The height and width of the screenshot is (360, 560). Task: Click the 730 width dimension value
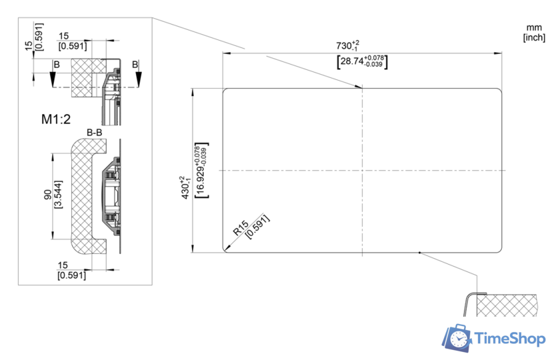(347, 46)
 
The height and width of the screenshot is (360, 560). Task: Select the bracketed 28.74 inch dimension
(362, 61)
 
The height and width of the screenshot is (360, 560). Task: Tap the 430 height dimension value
(186, 187)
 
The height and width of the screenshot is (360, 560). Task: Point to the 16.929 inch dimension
(202, 171)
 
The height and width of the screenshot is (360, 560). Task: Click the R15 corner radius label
(241, 228)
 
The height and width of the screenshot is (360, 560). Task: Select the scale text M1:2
(56, 119)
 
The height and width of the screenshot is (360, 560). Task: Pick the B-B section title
(94, 133)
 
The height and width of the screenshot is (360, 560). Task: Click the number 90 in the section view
(47, 195)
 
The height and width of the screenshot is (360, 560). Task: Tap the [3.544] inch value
(57, 194)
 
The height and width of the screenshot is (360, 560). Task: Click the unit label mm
(534, 27)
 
